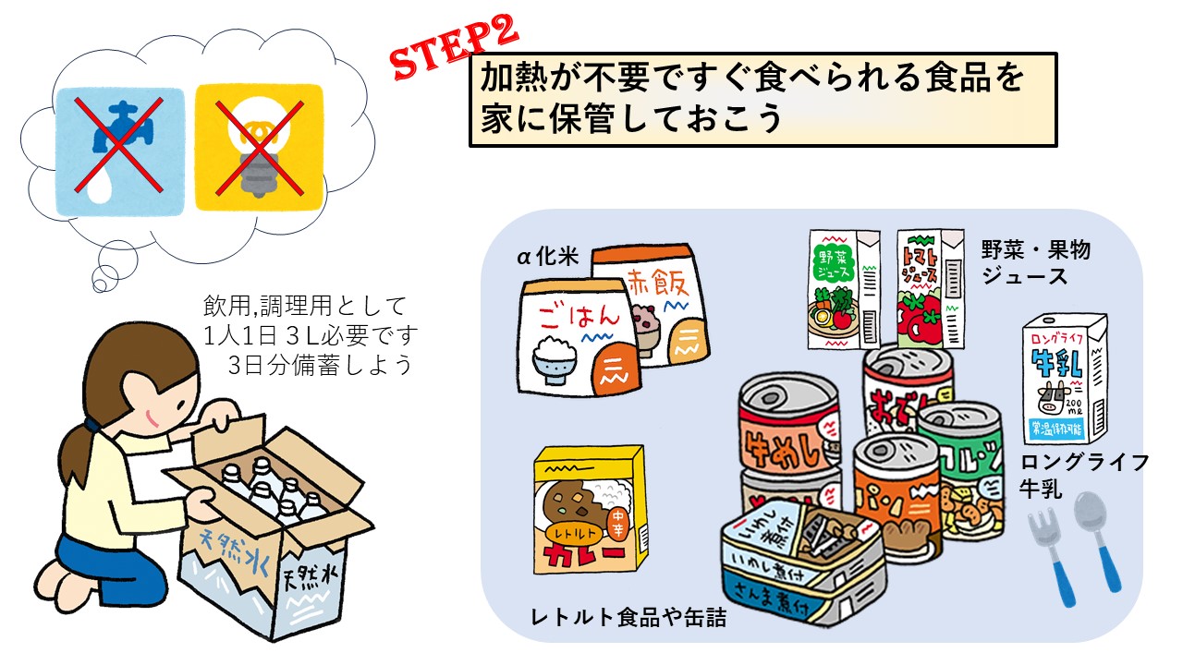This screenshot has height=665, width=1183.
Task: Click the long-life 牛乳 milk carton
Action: [1064, 379]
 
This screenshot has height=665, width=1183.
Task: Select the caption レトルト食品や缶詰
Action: [628, 618]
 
